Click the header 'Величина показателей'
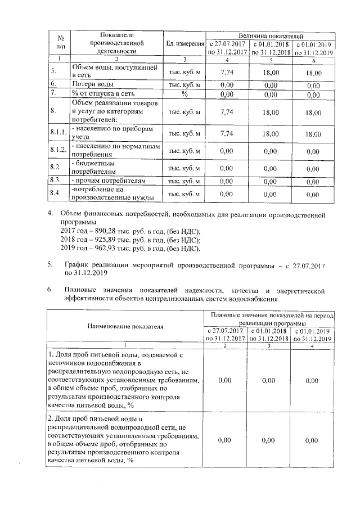271,35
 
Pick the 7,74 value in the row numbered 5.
227,72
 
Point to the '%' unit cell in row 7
184,93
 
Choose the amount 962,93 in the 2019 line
102,248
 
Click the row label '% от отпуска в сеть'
102,93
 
